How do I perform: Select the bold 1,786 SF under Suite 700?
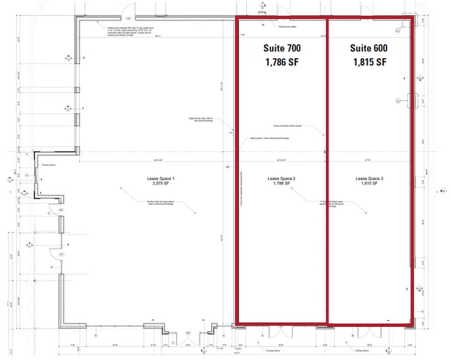coord(281,61)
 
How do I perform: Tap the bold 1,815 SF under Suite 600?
coord(369,61)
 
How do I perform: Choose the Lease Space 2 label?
coord(282,178)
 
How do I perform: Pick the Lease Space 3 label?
coord(369,178)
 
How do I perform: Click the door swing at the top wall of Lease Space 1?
coord(129,12)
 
